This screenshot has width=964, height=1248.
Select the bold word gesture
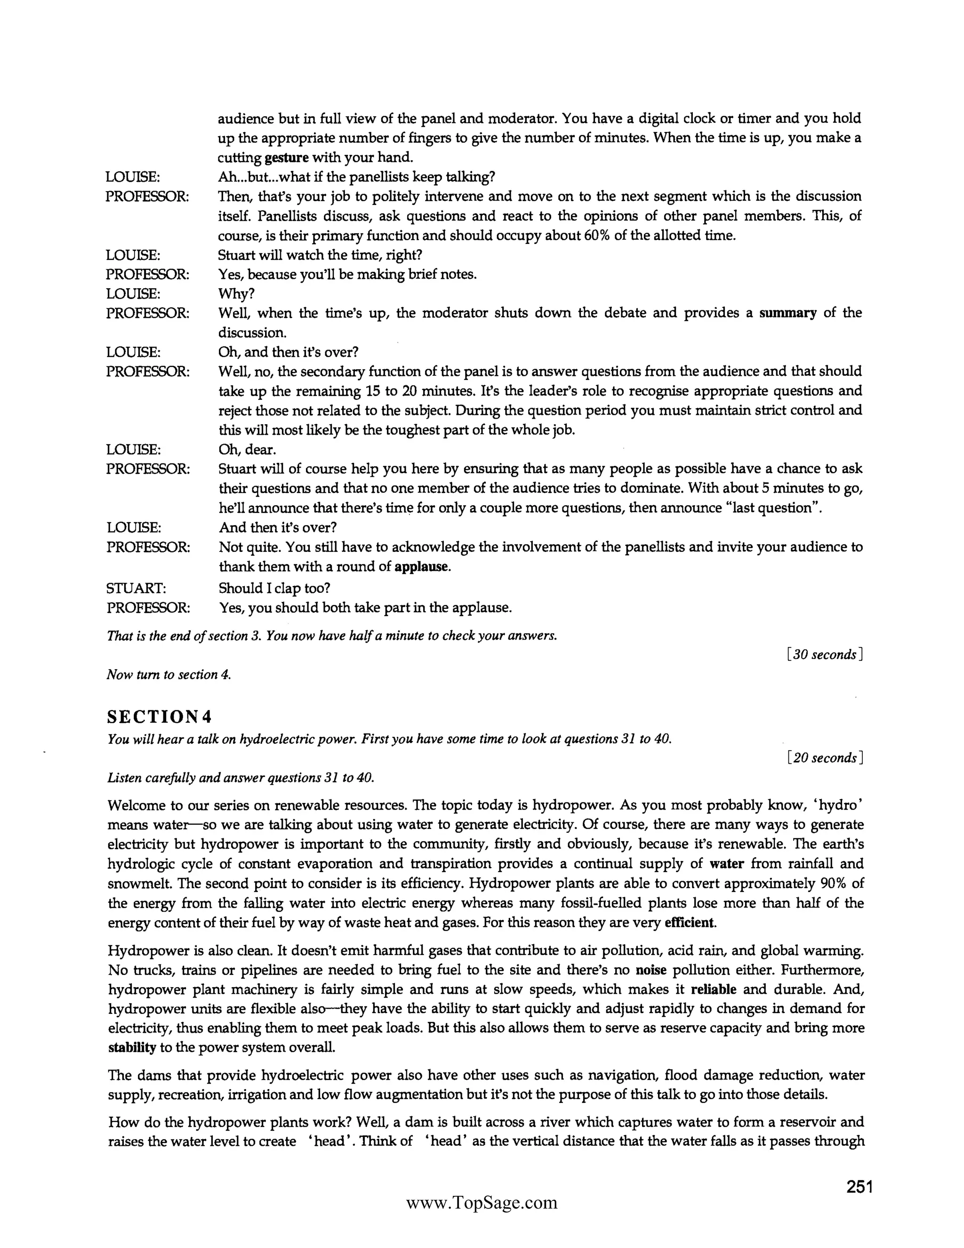[x=287, y=157]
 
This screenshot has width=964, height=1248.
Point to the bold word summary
[x=787, y=313]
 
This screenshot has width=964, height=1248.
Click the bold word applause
[x=422, y=567]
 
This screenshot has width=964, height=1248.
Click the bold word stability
[x=132, y=1047]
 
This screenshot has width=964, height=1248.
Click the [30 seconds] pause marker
[x=824, y=655]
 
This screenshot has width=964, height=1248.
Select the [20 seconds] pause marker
[x=824, y=758]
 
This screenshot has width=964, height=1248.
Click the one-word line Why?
[x=236, y=294]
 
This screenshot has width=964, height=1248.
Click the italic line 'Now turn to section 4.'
[x=169, y=674]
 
